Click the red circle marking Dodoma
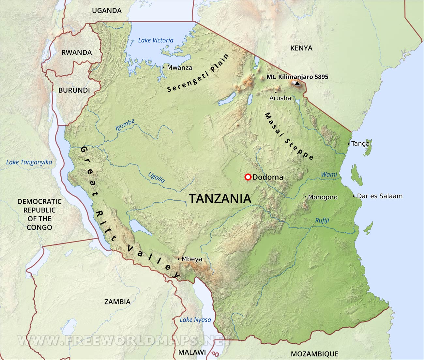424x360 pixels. pyautogui.click(x=248, y=177)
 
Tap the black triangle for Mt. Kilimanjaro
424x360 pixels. pyautogui.click(x=297, y=84)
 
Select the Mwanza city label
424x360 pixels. pyautogui.click(x=179, y=68)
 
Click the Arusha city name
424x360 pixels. pyautogui.click(x=280, y=98)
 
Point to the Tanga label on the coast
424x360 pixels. pyautogui.click(x=360, y=144)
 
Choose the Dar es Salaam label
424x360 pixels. pyautogui.click(x=380, y=196)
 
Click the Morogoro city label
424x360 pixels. pyautogui.click(x=323, y=197)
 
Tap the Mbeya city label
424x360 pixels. pyautogui.click(x=192, y=259)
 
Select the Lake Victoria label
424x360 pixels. pyautogui.click(x=156, y=40)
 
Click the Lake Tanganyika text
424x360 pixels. pyautogui.click(x=29, y=162)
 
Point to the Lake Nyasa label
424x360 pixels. pyautogui.click(x=195, y=320)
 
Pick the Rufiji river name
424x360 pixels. pyautogui.click(x=322, y=221)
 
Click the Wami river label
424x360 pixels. pyautogui.click(x=329, y=175)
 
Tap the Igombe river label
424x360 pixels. pyautogui.click(x=125, y=125)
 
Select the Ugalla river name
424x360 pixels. pyautogui.click(x=157, y=177)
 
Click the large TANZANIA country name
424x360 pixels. pyautogui.click(x=220, y=199)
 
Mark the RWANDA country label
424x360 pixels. pyautogui.click(x=77, y=53)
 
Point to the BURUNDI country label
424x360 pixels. pyautogui.click(x=74, y=90)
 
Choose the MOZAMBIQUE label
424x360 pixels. pyautogui.click(x=314, y=354)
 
